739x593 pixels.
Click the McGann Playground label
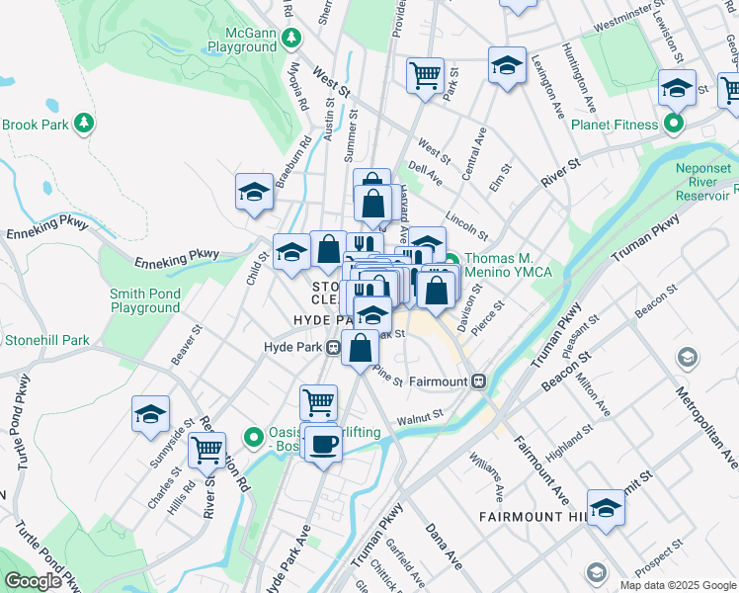tap(242, 39)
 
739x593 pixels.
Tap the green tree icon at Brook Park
tap(86, 124)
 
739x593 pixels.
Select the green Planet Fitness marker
tap(674, 125)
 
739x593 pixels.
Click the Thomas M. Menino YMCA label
tap(508, 265)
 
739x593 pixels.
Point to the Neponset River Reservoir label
tap(702, 182)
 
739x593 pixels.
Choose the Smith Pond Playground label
tap(144, 300)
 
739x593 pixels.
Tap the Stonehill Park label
tap(46, 340)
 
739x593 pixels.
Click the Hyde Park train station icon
tap(334, 347)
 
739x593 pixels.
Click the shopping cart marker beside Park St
tap(425, 74)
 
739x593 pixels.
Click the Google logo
tap(33, 581)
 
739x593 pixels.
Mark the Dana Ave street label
tap(444, 547)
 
